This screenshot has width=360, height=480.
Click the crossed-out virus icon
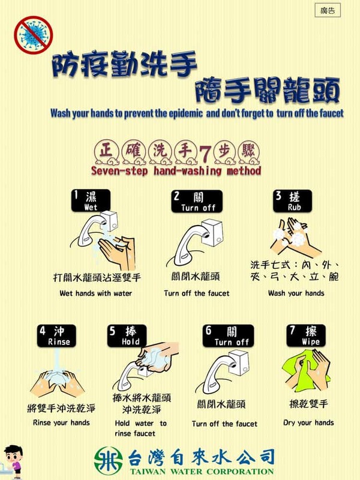pos(34,34)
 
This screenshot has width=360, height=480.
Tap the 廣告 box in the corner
pos(327,11)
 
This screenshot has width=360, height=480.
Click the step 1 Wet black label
pos(90,201)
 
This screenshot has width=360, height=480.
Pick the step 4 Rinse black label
pos(59,335)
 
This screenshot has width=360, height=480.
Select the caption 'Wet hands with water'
pos(96,293)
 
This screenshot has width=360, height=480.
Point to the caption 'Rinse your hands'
pos(62,422)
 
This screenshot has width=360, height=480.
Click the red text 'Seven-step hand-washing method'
pos(176,171)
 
